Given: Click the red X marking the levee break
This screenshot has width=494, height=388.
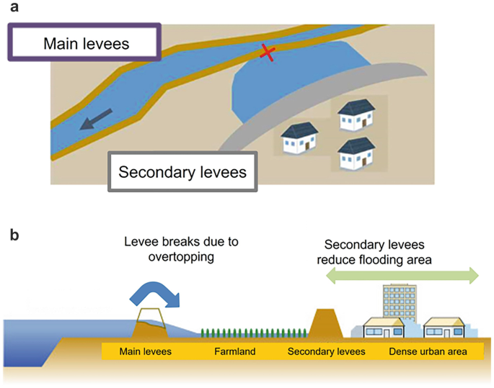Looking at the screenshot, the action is point(268,53).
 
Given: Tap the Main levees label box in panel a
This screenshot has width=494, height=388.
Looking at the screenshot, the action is point(84,42).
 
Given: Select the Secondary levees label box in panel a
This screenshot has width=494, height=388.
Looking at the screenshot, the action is point(182,171).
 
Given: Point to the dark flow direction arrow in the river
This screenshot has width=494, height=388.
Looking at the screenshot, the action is point(95,119).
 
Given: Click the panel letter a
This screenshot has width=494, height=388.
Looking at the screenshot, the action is point(14,7).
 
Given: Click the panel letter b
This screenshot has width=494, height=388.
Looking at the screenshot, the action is point(14,235).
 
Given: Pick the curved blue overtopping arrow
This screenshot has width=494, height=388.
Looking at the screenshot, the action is point(154,294).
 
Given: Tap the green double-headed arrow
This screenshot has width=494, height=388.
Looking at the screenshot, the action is point(402,276).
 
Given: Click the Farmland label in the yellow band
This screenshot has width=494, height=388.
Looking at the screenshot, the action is point(235,351).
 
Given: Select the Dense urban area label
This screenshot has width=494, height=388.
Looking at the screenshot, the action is point(428,351).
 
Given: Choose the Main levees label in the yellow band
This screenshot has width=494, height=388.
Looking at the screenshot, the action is point(146,351).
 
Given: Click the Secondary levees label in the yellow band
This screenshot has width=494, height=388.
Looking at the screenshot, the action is point(327,351).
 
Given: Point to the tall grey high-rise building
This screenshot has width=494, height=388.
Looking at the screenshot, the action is point(400,302).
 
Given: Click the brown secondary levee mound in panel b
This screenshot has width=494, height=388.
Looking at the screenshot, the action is point(325,324).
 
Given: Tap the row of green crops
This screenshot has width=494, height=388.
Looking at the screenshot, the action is point(254,333).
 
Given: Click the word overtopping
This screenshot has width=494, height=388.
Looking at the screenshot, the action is point(181,256).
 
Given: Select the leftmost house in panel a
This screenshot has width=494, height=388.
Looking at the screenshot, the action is point(299,138).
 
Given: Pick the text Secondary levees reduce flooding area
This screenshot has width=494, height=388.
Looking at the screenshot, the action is point(374,252).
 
